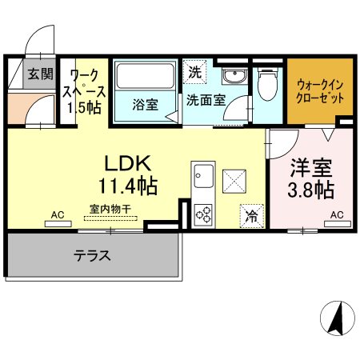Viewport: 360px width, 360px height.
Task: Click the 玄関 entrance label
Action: [x=41, y=74]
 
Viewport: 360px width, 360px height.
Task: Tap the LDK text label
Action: [x=128, y=163]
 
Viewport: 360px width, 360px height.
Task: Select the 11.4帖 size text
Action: [x=128, y=186]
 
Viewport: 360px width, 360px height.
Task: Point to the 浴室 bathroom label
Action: [x=146, y=105]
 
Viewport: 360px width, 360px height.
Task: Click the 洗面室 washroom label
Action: [x=206, y=100]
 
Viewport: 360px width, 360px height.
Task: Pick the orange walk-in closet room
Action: [x=320, y=91]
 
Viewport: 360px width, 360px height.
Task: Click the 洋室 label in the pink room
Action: [x=311, y=168]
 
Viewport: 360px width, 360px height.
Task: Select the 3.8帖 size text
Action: [x=311, y=190]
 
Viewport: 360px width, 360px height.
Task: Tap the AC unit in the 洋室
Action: [x=338, y=224]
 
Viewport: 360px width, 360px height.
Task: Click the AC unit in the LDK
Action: [x=58, y=224]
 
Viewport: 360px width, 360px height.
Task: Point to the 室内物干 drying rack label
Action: [x=110, y=209]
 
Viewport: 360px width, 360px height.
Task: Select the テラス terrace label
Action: [x=92, y=255]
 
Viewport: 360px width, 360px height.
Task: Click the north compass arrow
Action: [x=337, y=318]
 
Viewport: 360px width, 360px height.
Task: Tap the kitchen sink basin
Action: [x=203, y=176]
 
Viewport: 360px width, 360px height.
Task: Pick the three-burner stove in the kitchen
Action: [x=203, y=215]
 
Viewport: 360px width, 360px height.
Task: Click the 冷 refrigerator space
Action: [x=251, y=216]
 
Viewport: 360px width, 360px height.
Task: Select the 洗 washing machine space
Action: [x=195, y=72]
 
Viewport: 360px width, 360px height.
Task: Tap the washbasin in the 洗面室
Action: [x=235, y=76]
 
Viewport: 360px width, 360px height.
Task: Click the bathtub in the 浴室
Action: [x=146, y=76]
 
